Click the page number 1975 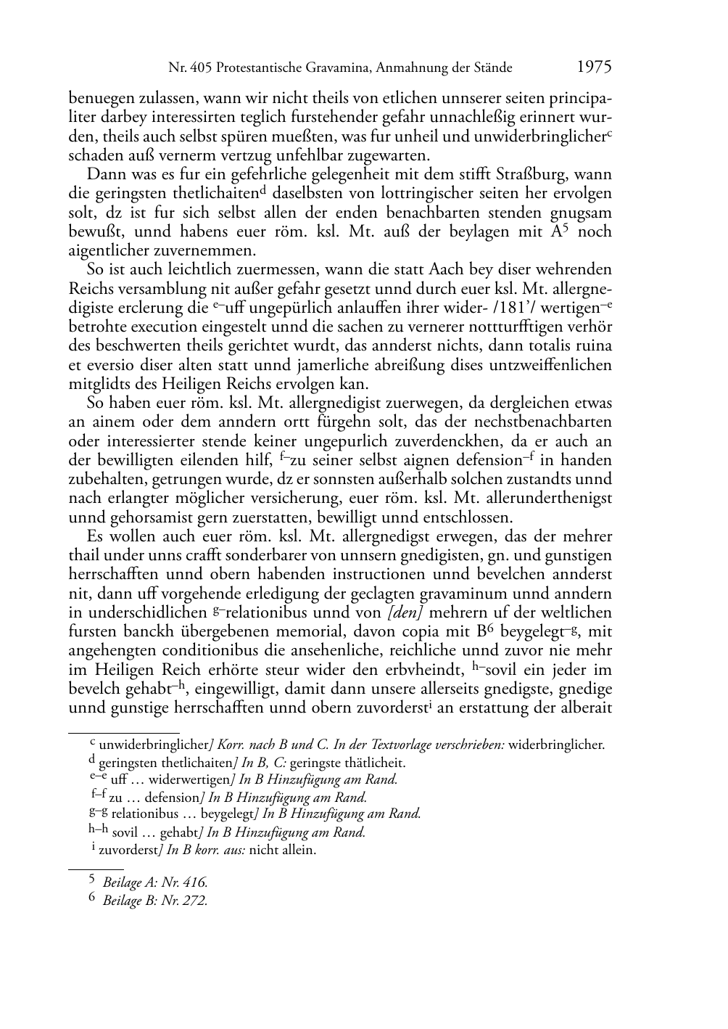coord(594,67)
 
